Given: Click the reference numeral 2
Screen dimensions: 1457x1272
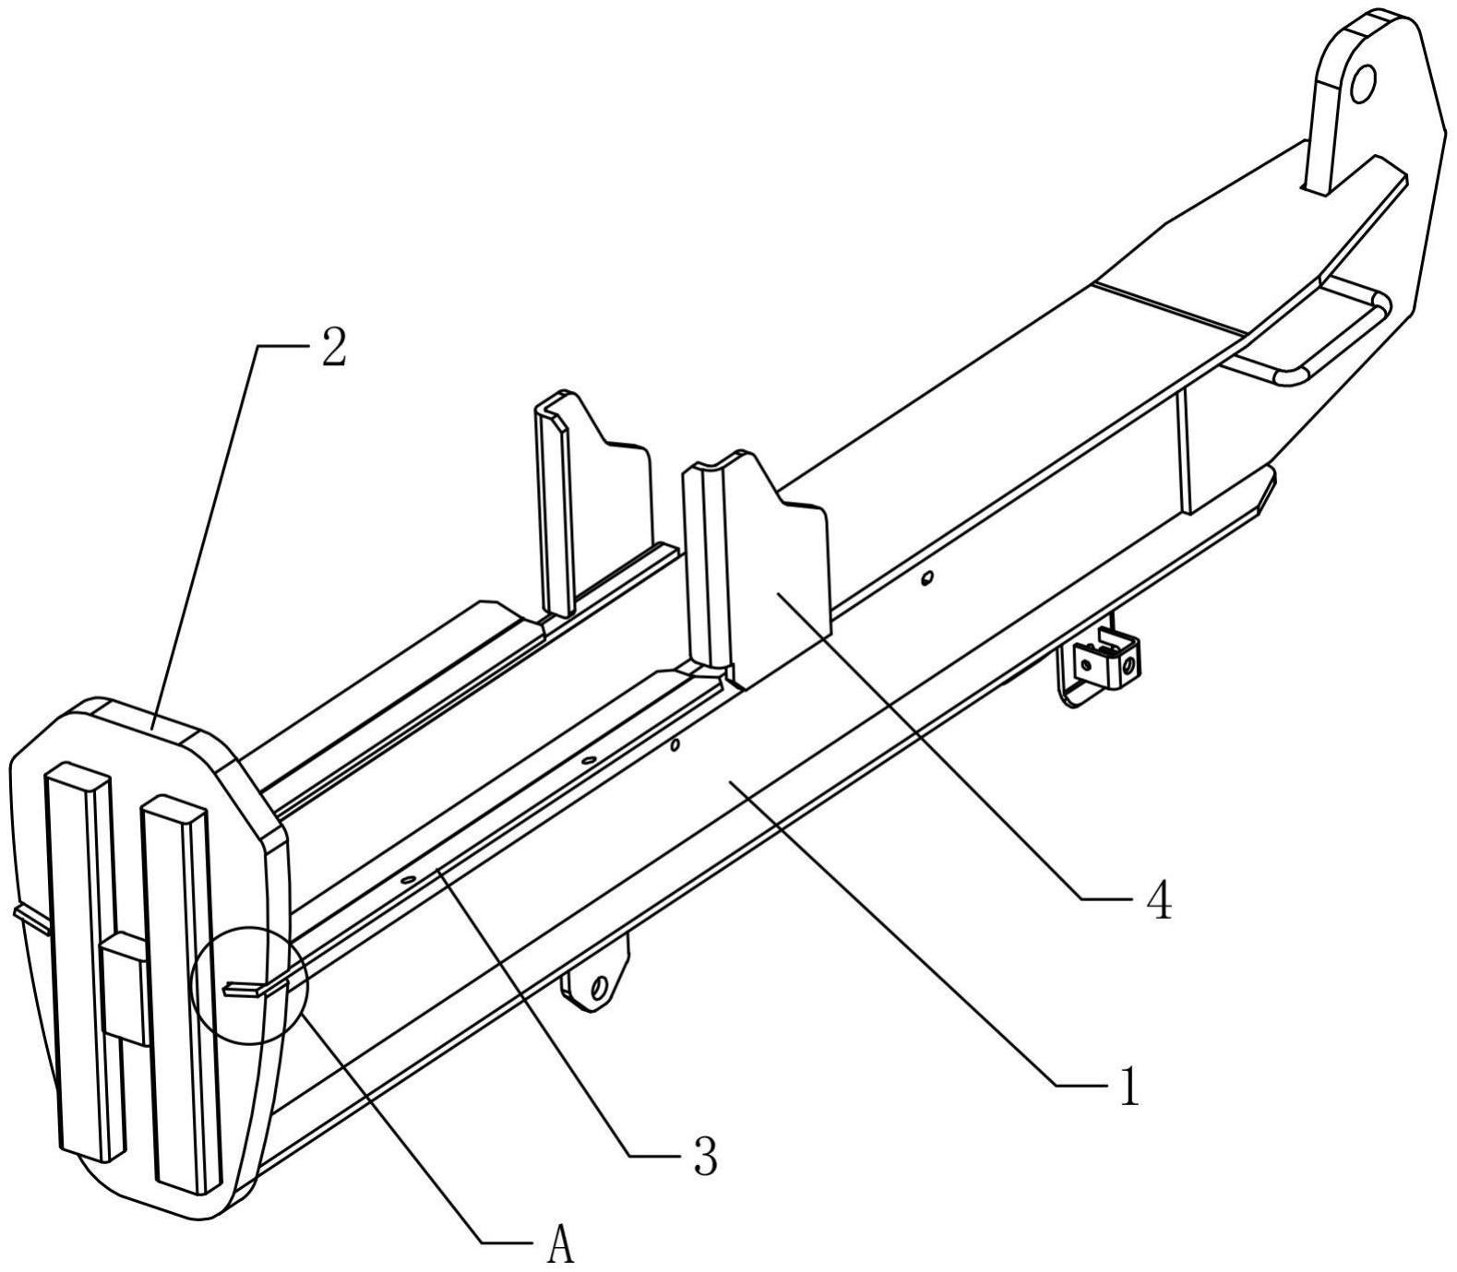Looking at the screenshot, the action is point(333,350).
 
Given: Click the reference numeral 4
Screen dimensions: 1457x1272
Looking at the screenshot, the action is point(1158,901).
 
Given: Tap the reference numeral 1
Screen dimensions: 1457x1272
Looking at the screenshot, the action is point(1129,1087).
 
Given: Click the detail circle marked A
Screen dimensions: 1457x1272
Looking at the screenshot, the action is point(248,986).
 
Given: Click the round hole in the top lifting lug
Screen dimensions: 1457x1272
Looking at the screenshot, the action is point(1362,85).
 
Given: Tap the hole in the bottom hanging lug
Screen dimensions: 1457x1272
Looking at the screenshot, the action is point(598,988).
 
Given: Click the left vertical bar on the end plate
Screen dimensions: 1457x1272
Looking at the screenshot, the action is point(85,959).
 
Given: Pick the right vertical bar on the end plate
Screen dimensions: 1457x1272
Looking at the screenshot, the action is point(181,987).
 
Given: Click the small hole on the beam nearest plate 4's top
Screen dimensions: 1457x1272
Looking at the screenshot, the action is point(927,578).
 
